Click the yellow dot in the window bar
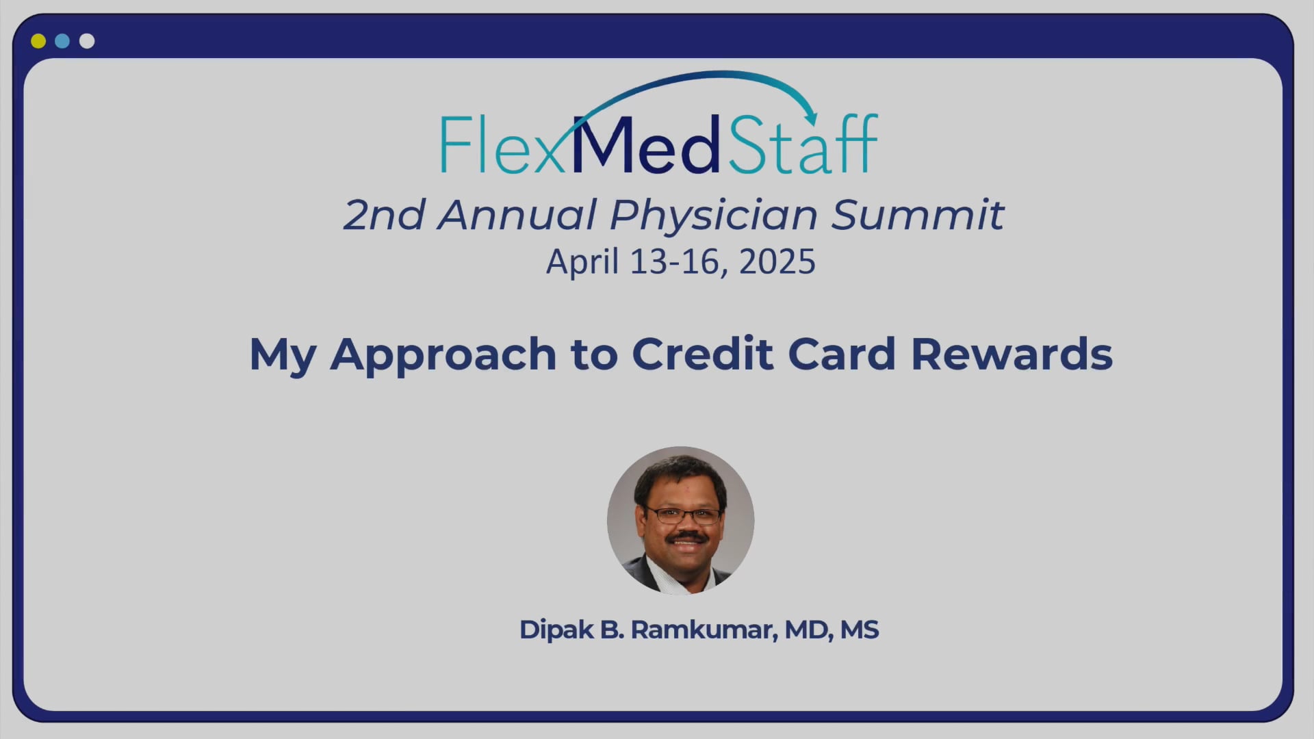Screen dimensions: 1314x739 tap(38, 41)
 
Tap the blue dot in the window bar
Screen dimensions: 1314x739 tap(62, 41)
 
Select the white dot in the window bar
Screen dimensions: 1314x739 tap(87, 41)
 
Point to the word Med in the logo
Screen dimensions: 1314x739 tap(645, 144)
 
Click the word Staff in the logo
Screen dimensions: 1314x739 tap(802, 143)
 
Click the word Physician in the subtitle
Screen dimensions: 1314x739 tap(713, 216)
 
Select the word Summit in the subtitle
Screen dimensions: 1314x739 tap(918, 214)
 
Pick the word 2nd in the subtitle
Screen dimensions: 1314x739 tap(384, 215)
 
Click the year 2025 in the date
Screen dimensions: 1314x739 tap(777, 261)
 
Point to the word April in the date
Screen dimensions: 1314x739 tap(582, 262)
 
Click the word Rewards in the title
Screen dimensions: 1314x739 tap(1012, 354)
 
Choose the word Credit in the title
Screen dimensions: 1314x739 tap(702, 354)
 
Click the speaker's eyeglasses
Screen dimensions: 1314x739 tap(681, 515)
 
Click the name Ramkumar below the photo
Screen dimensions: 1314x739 tap(704, 630)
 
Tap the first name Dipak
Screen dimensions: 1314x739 tap(556, 630)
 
